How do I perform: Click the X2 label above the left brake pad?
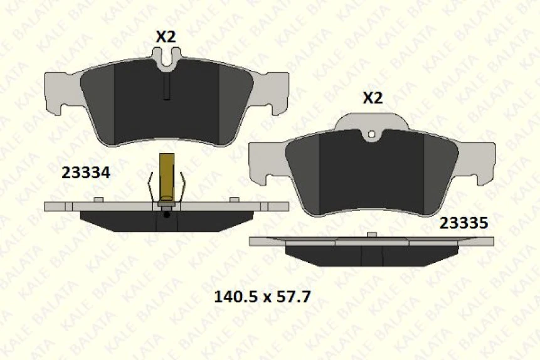click(166, 37)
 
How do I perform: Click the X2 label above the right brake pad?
click(373, 98)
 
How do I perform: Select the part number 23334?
click(85, 172)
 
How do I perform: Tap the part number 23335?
click(463, 223)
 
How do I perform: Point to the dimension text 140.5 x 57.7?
click(262, 296)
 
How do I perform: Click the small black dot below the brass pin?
click(166, 215)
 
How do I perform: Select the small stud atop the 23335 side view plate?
click(371, 235)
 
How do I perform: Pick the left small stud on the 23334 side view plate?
click(97, 199)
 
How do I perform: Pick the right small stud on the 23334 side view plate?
click(234, 199)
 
